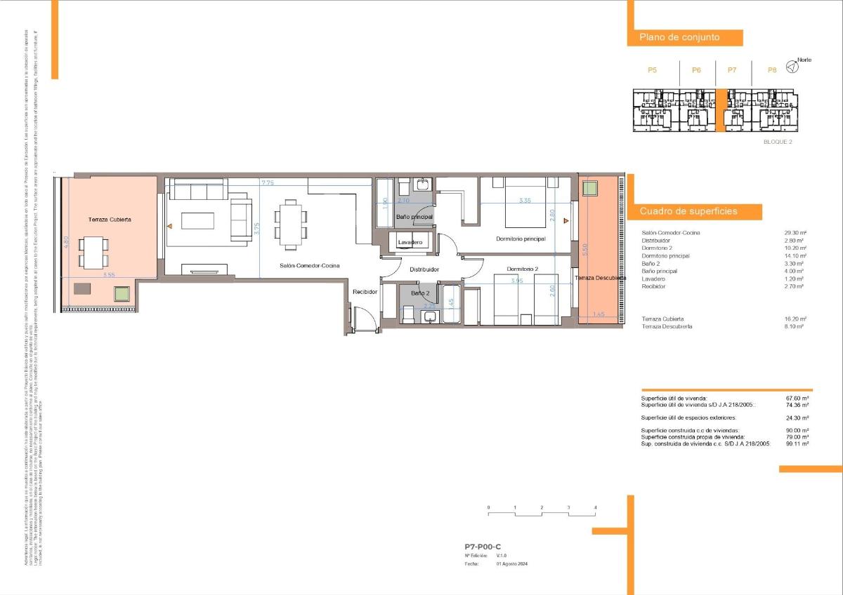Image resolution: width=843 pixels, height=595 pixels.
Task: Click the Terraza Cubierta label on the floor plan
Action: pyautogui.click(x=110, y=220)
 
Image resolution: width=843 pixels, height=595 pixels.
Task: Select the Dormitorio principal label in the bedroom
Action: pyautogui.click(x=521, y=239)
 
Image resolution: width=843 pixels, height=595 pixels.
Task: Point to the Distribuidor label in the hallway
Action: pyautogui.click(x=424, y=269)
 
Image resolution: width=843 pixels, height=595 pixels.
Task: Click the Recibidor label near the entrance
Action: pyautogui.click(x=365, y=291)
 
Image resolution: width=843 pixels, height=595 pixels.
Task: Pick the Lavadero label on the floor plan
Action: pyautogui.click(x=410, y=243)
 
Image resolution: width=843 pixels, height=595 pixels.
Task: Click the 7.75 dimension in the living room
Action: pyautogui.click(x=268, y=183)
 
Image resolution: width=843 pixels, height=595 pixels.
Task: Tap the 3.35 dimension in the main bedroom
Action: pyautogui.click(x=525, y=201)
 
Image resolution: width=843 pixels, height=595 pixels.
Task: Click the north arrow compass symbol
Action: pyautogui.click(x=792, y=67)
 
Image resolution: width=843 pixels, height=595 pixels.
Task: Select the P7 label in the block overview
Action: pyautogui.click(x=732, y=70)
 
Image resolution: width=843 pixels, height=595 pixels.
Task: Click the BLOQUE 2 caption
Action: pyautogui.click(x=778, y=142)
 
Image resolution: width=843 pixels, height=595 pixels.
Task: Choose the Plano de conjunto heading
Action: pyautogui.click(x=679, y=37)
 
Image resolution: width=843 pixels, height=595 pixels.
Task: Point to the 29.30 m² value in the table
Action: pyautogui.click(x=795, y=233)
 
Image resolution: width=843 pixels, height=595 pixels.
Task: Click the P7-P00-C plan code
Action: pyautogui.click(x=483, y=546)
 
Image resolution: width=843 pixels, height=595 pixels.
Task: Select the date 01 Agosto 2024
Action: pyautogui.click(x=511, y=563)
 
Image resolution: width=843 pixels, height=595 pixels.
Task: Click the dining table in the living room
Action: pyautogui.click(x=290, y=224)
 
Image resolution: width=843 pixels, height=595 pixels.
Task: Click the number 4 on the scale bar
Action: pyautogui.click(x=595, y=507)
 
